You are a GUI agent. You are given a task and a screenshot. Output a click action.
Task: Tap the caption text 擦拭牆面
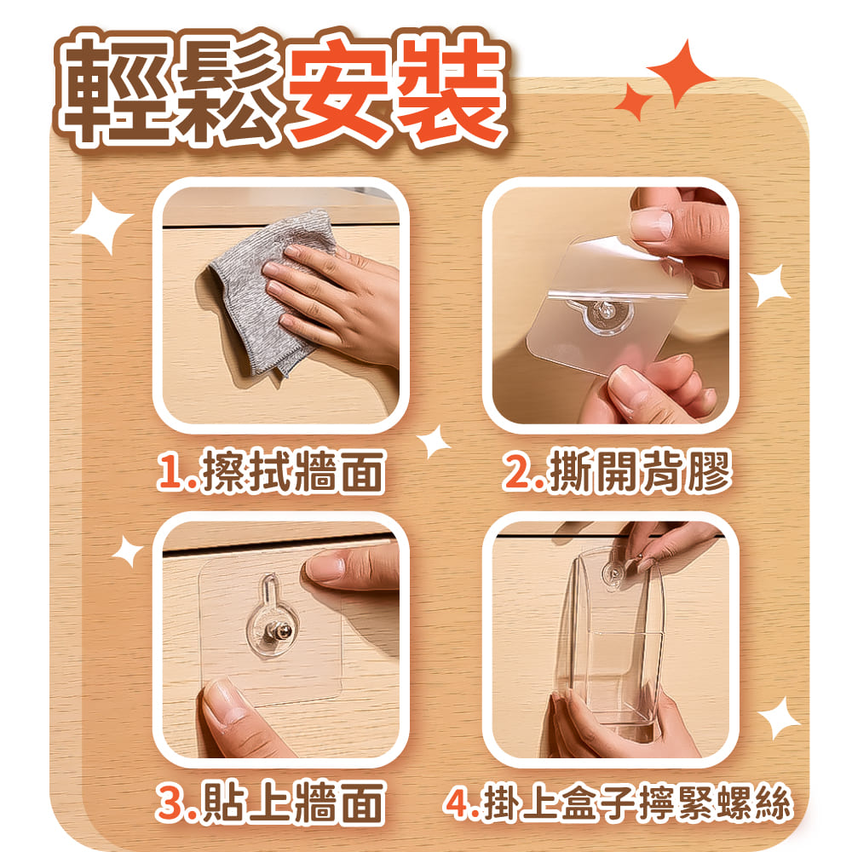(x=292, y=472)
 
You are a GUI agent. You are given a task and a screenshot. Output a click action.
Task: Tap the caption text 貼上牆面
(x=292, y=802)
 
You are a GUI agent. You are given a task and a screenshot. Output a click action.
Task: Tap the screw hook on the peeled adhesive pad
(x=605, y=312)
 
